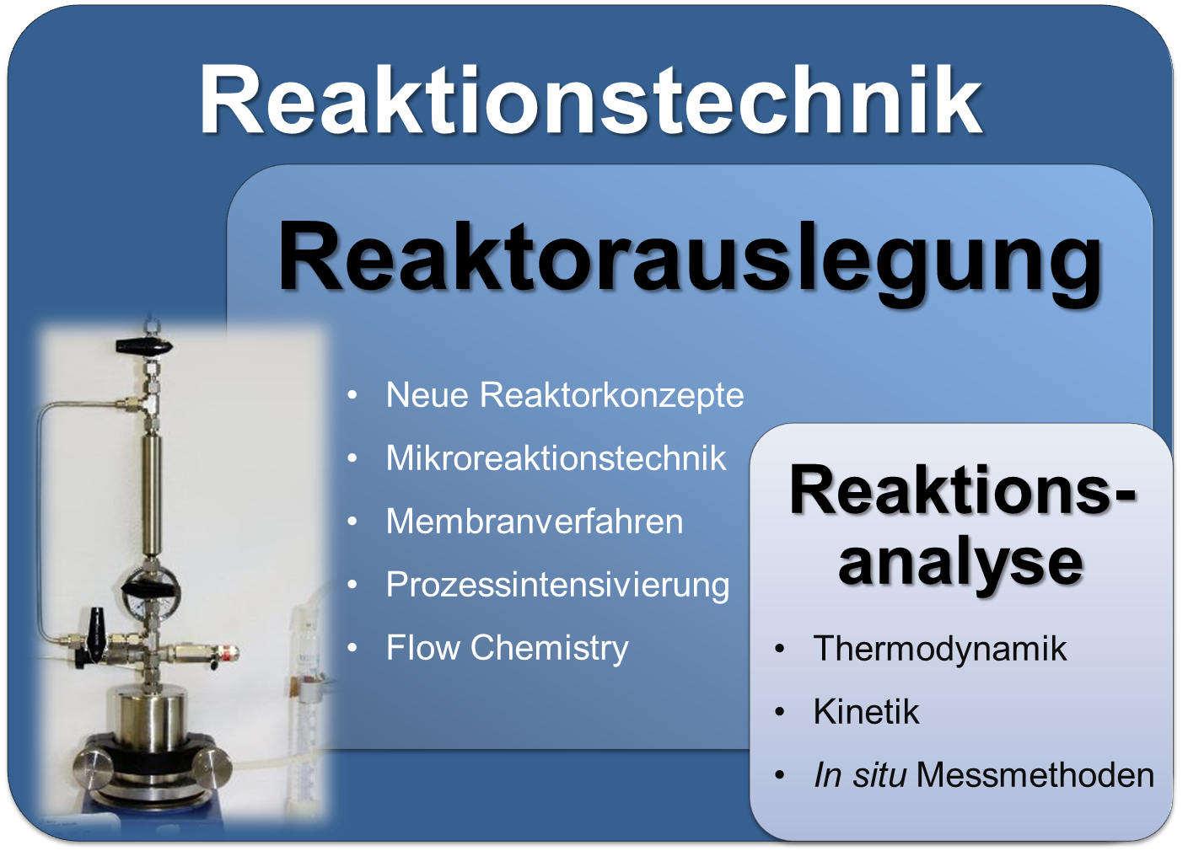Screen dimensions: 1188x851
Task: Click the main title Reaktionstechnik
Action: pyautogui.click(x=591, y=100)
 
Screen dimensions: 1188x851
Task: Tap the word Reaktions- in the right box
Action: pyautogui.click(x=963, y=490)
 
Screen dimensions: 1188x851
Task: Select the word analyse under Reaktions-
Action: pyautogui.click(x=960, y=563)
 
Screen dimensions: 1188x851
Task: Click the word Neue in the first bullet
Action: pyautogui.click(x=427, y=395)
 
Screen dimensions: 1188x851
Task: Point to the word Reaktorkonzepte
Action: pyautogui.click(x=612, y=396)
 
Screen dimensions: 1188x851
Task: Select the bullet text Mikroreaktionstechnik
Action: pyautogui.click(x=556, y=458)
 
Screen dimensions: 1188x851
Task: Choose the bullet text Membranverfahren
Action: pyautogui.click(x=535, y=521)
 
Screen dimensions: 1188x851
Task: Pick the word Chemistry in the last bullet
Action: pyautogui.click(x=550, y=649)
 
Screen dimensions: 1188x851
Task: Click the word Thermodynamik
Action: pyautogui.click(x=940, y=649)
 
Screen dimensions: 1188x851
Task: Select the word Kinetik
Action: pyautogui.click(x=866, y=711)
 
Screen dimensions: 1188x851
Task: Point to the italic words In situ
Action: pyautogui.click(x=860, y=774)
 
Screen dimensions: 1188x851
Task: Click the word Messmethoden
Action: pyautogui.click(x=1035, y=774)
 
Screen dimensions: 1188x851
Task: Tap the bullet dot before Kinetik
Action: pyautogui.click(x=779, y=712)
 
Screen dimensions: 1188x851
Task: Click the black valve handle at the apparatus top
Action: pyautogui.click(x=144, y=347)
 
